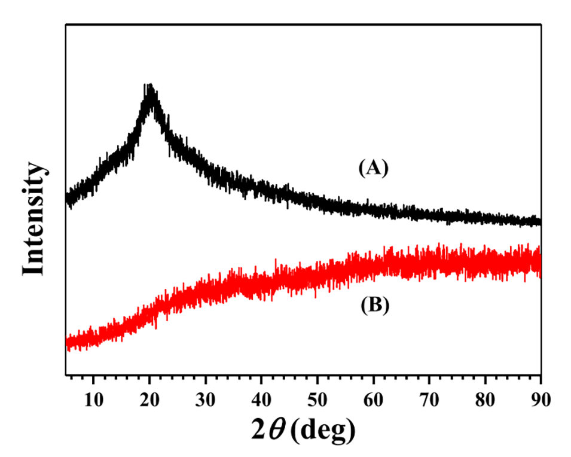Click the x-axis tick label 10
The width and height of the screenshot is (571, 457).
93,397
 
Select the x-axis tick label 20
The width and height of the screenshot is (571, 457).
149,397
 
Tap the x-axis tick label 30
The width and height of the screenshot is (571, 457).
206,397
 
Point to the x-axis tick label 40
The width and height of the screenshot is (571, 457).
261,397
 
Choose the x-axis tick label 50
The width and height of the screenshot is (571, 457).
317,397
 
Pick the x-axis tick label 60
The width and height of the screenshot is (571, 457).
373,397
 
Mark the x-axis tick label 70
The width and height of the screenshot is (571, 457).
429,397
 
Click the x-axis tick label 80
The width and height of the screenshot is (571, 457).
485,397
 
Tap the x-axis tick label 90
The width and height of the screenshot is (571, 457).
541,397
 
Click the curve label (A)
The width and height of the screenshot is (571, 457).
374,169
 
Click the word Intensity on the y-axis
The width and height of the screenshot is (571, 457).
35,219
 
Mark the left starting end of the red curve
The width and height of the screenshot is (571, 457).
67,343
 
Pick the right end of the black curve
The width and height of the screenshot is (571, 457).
540,222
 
